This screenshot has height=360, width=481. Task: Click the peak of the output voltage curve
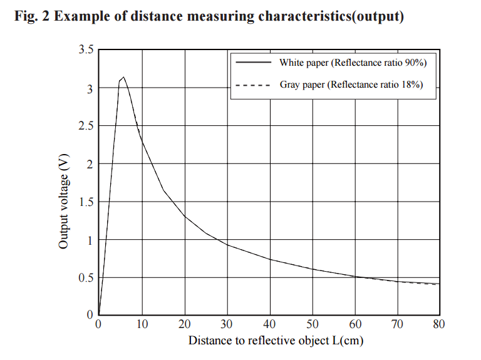point(124,77)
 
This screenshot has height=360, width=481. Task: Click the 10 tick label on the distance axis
point(142,324)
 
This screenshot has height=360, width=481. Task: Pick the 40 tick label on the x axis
point(269,324)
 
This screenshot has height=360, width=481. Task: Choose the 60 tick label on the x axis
point(354,324)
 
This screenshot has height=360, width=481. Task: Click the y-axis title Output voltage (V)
point(63,202)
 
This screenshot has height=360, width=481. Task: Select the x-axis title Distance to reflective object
point(276,341)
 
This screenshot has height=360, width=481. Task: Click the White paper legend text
point(353,63)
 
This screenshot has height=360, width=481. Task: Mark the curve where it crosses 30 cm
point(227,244)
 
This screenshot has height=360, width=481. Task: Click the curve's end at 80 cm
point(439,284)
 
